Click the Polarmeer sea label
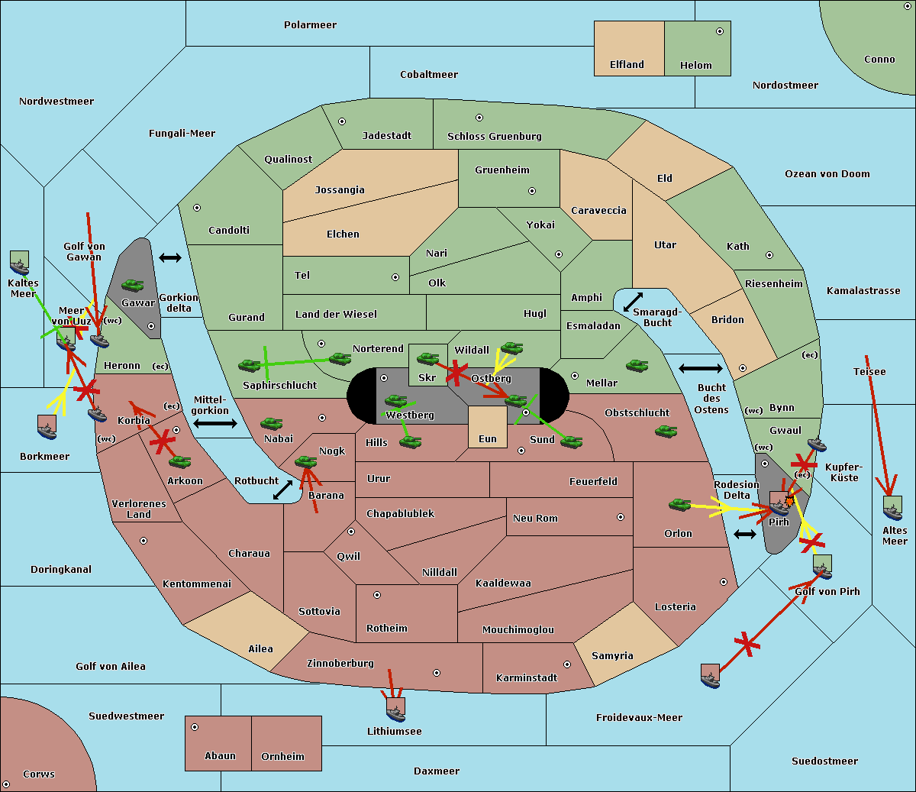[x=310, y=25]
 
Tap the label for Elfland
[x=627, y=65]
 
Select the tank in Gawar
[x=133, y=286]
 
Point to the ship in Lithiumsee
[x=395, y=710]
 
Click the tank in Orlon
[x=679, y=505]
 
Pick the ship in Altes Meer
[x=892, y=509]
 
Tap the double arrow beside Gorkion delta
[x=170, y=257]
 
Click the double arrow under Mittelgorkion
[x=214, y=423]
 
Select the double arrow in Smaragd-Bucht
[x=634, y=302]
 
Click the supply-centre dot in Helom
[x=719, y=31]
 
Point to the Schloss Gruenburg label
[x=494, y=137]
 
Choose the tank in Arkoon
[x=179, y=461]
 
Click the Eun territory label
[x=487, y=439]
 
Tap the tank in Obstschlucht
[x=666, y=432]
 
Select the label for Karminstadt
[x=527, y=678]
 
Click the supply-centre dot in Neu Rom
[x=621, y=517]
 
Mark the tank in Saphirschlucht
[x=250, y=366]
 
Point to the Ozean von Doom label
[x=827, y=174]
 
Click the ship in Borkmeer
[x=47, y=428]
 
